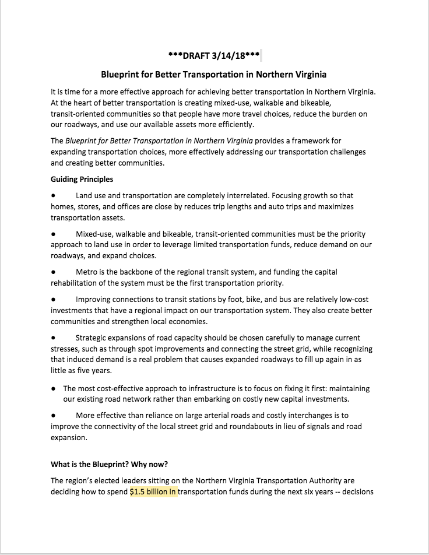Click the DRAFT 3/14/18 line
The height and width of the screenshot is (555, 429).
point(213,56)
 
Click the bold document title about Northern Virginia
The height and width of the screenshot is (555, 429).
point(213,75)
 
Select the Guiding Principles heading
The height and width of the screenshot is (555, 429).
point(82,179)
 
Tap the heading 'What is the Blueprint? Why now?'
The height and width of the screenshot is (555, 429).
point(109,464)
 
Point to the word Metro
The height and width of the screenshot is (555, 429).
point(87,272)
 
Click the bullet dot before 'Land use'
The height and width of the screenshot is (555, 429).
point(53,196)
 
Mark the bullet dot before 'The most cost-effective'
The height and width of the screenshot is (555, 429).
point(53,388)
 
